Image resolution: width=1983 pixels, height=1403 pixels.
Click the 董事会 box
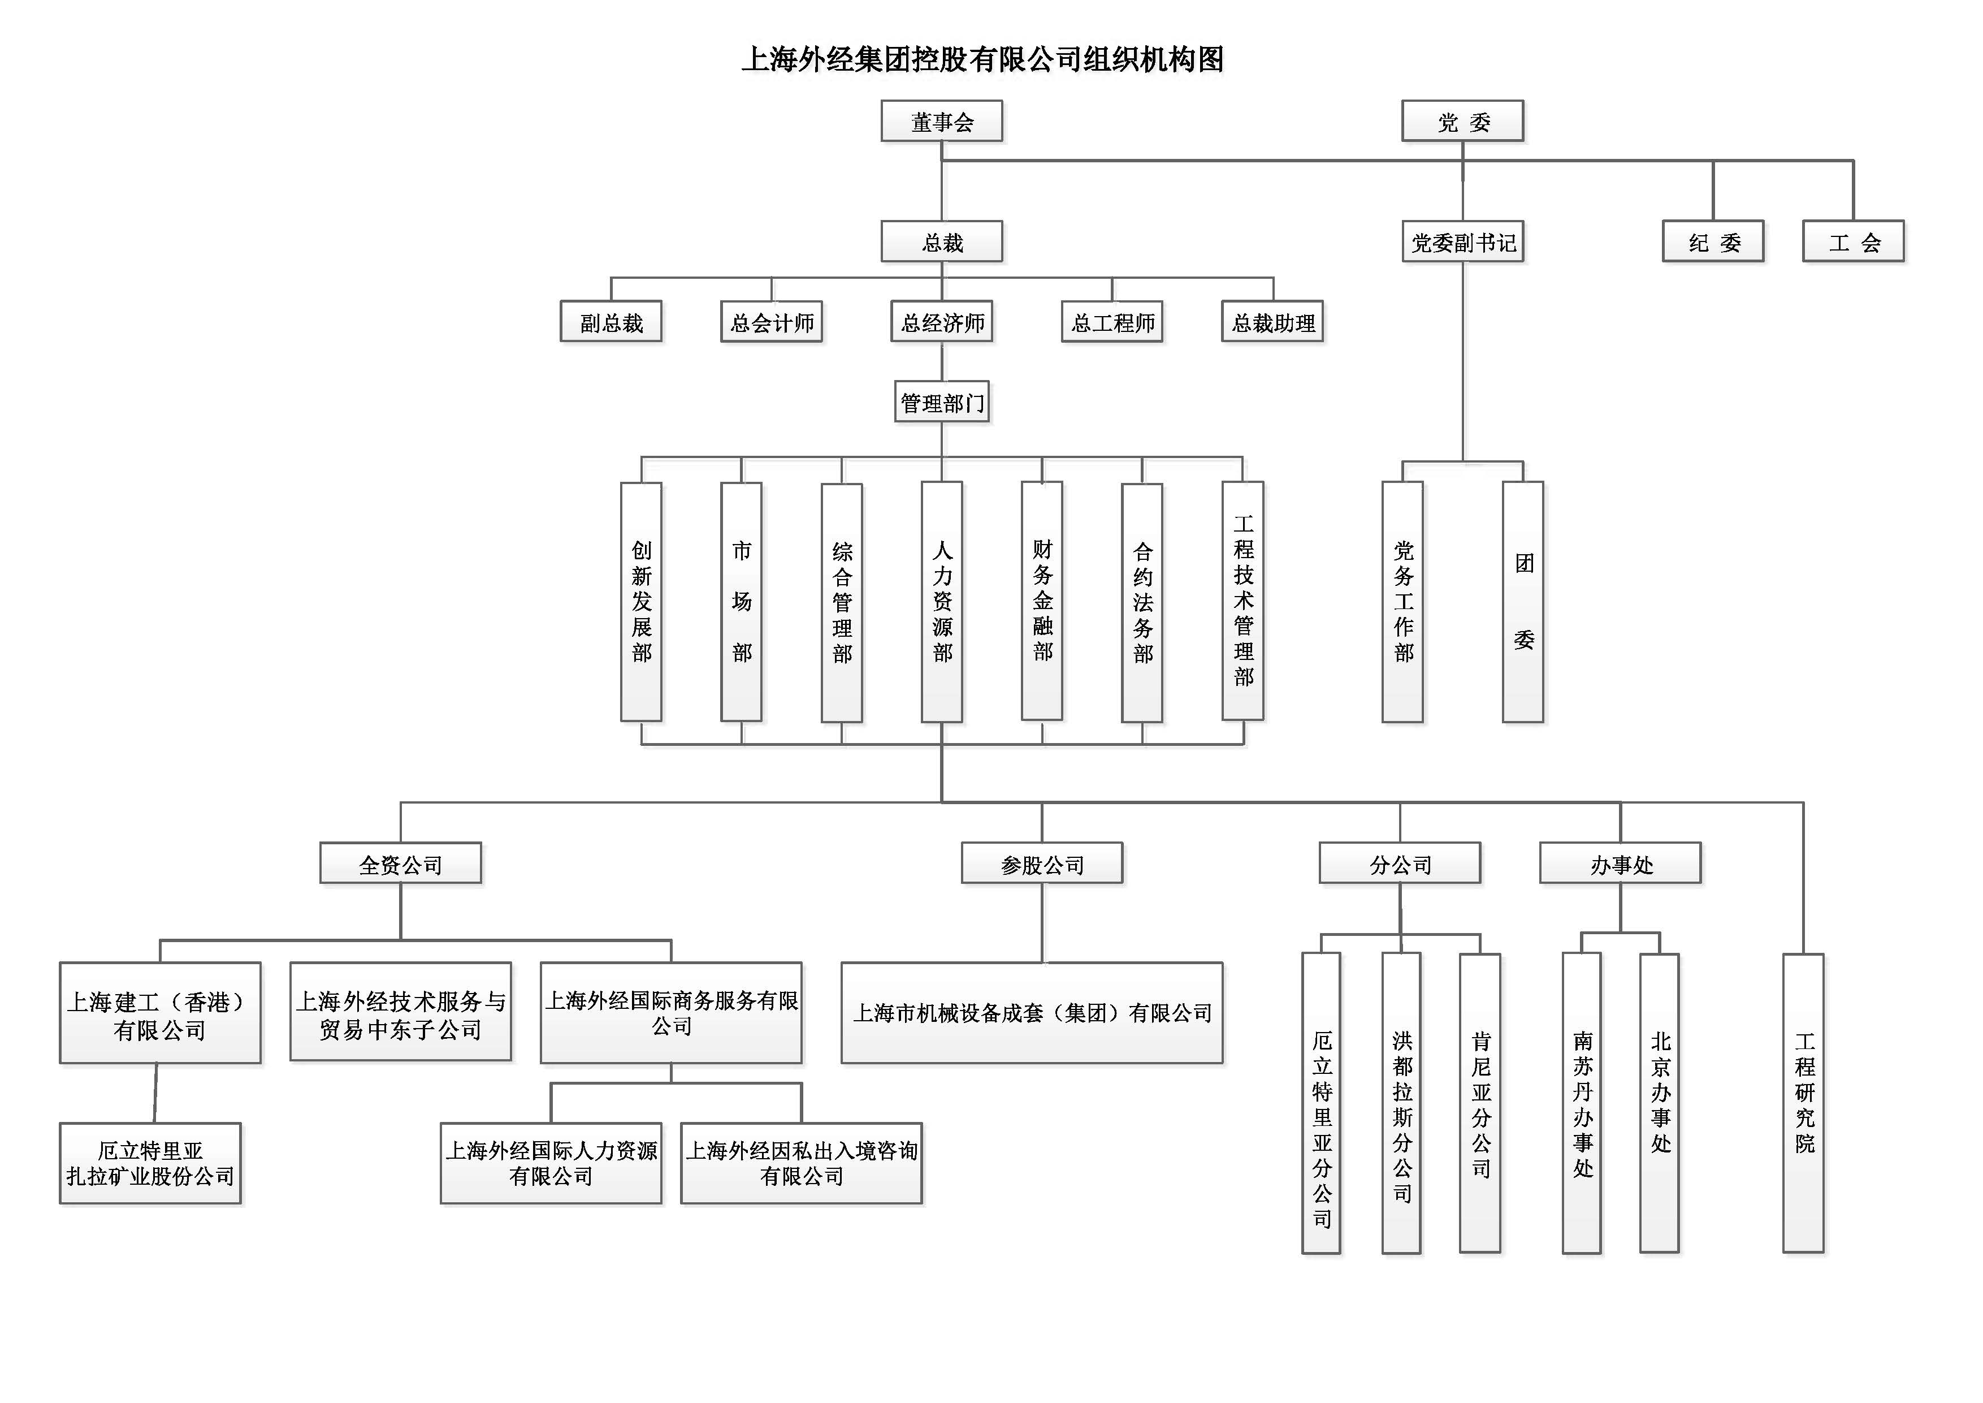[x=941, y=121]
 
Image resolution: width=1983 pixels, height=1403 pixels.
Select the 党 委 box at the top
[x=1462, y=121]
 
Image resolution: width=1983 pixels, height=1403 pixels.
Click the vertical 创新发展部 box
[x=641, y=601]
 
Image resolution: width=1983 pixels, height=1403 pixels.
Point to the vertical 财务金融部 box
[x=1042, y=601]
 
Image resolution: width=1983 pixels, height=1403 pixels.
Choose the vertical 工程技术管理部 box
[x=1243, y=601]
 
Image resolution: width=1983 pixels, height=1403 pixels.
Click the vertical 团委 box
[x=1523, y=601]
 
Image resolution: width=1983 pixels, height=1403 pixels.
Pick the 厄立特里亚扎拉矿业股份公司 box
[x=150, y=1163]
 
